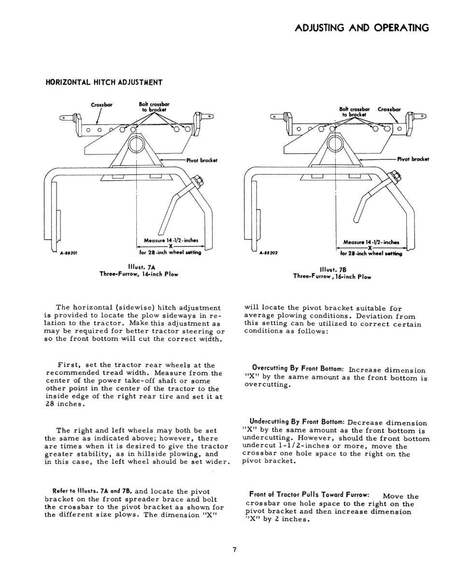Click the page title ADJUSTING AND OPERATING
[361, 28]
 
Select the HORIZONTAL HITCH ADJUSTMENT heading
[104, 82]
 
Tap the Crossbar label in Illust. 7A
[101, 105]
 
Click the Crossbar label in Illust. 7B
[389, 110]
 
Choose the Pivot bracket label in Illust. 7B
[413, 159]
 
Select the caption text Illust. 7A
[139, 266]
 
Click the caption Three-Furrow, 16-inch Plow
[333, 276]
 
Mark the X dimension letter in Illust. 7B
[370, 247]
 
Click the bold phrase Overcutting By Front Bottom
[298, 368]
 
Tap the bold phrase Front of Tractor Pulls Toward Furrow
[310, 495]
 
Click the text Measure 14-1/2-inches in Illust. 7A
[171, 240]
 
